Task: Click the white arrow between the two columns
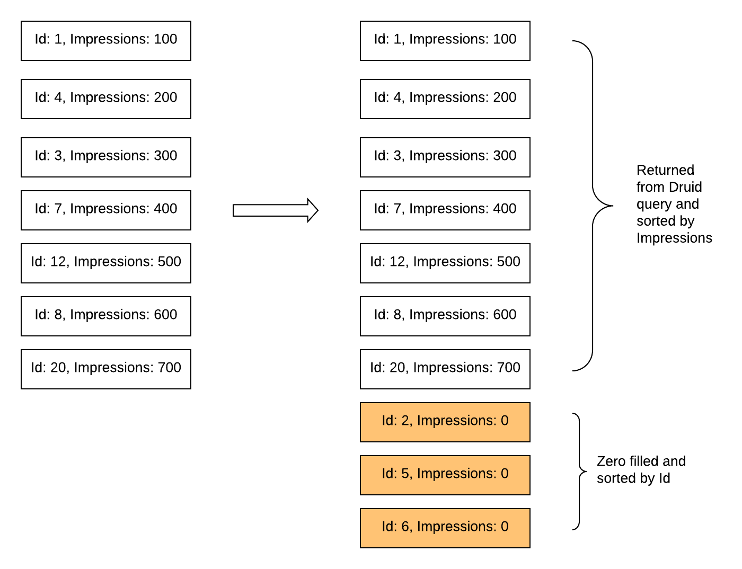click(x=275, y=210)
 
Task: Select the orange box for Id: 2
click(x=445, y=422)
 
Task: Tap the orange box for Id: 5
click(x=445, y=475)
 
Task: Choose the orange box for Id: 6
click(x=445, y=528)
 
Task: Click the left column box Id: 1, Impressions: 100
click(x=106, y=41)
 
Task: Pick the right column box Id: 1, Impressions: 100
click(x=445, y=41)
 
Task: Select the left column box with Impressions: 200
click(x=106, y=99)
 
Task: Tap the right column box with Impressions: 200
click(x=445, y=99)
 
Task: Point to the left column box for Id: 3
click(x=106, y=157)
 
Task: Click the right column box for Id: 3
click(x=445, y=157)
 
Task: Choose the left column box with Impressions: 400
click(x=106, y=210)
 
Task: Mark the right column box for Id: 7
click(x=445, y=210)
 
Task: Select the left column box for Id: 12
click(x=106, y=263)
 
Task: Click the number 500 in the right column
click(x=508, y=262)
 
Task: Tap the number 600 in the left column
click(x=165, y=315)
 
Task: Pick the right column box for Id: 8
click(x=445, y=316)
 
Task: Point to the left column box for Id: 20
click(x=106, y=369)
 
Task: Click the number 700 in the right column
click(x=508, y=368)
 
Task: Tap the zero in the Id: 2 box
click(x=505, y=421)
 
